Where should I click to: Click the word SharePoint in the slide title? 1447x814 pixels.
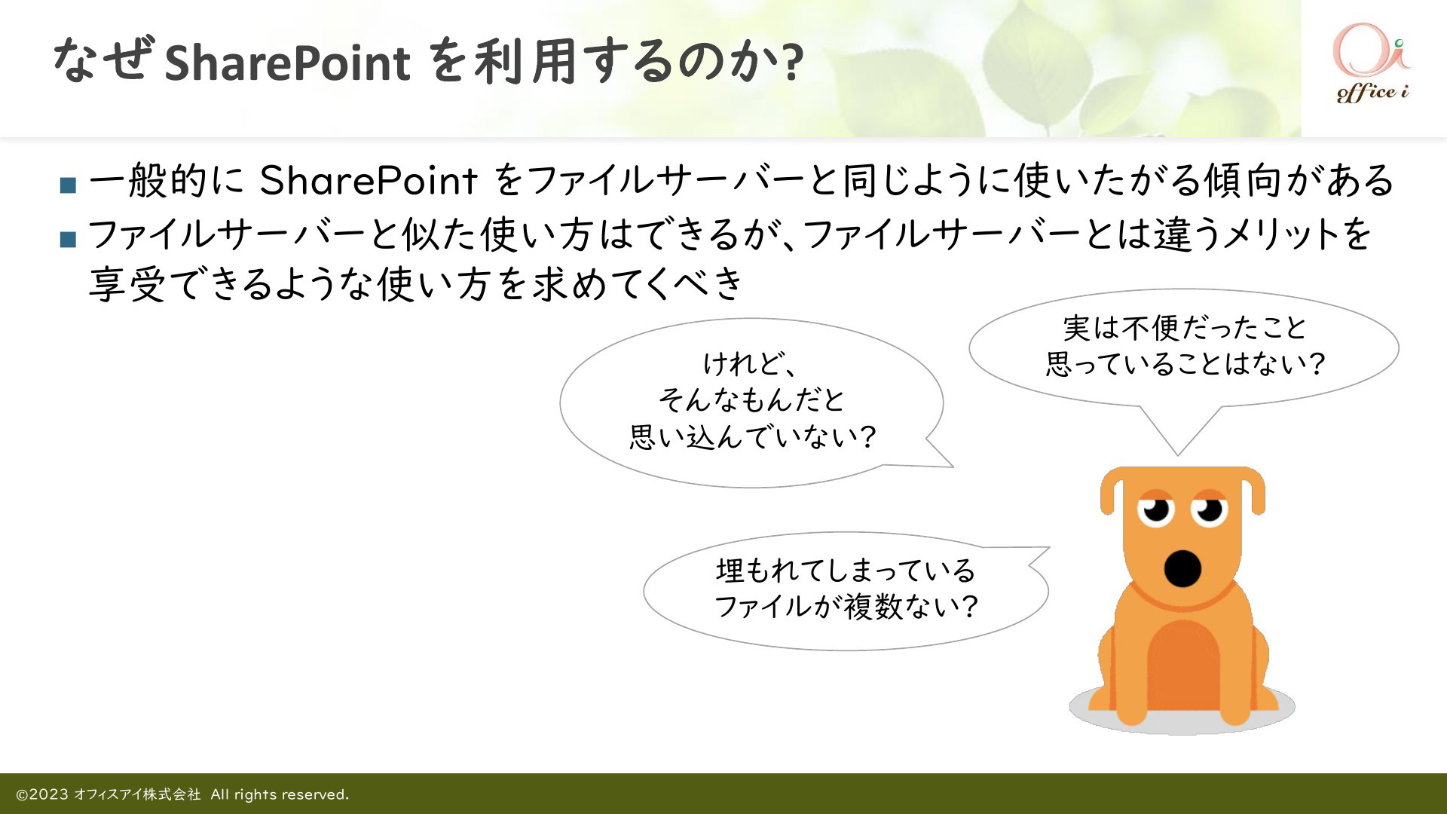coord(287,62)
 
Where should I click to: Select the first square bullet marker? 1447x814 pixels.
coord(68,185)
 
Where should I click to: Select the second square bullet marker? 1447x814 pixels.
coord(68,240)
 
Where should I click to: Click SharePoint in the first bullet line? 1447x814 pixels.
coord(369,181)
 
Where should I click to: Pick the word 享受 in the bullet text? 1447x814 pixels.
coord(127,285)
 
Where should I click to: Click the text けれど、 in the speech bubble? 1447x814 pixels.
coord(750,364)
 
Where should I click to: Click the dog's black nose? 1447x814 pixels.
coord(1182,568)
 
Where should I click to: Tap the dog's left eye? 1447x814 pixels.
coord(1156,510)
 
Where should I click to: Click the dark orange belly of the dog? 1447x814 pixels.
coord(1182,663)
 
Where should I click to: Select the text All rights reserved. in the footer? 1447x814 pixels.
coord(280,794)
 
